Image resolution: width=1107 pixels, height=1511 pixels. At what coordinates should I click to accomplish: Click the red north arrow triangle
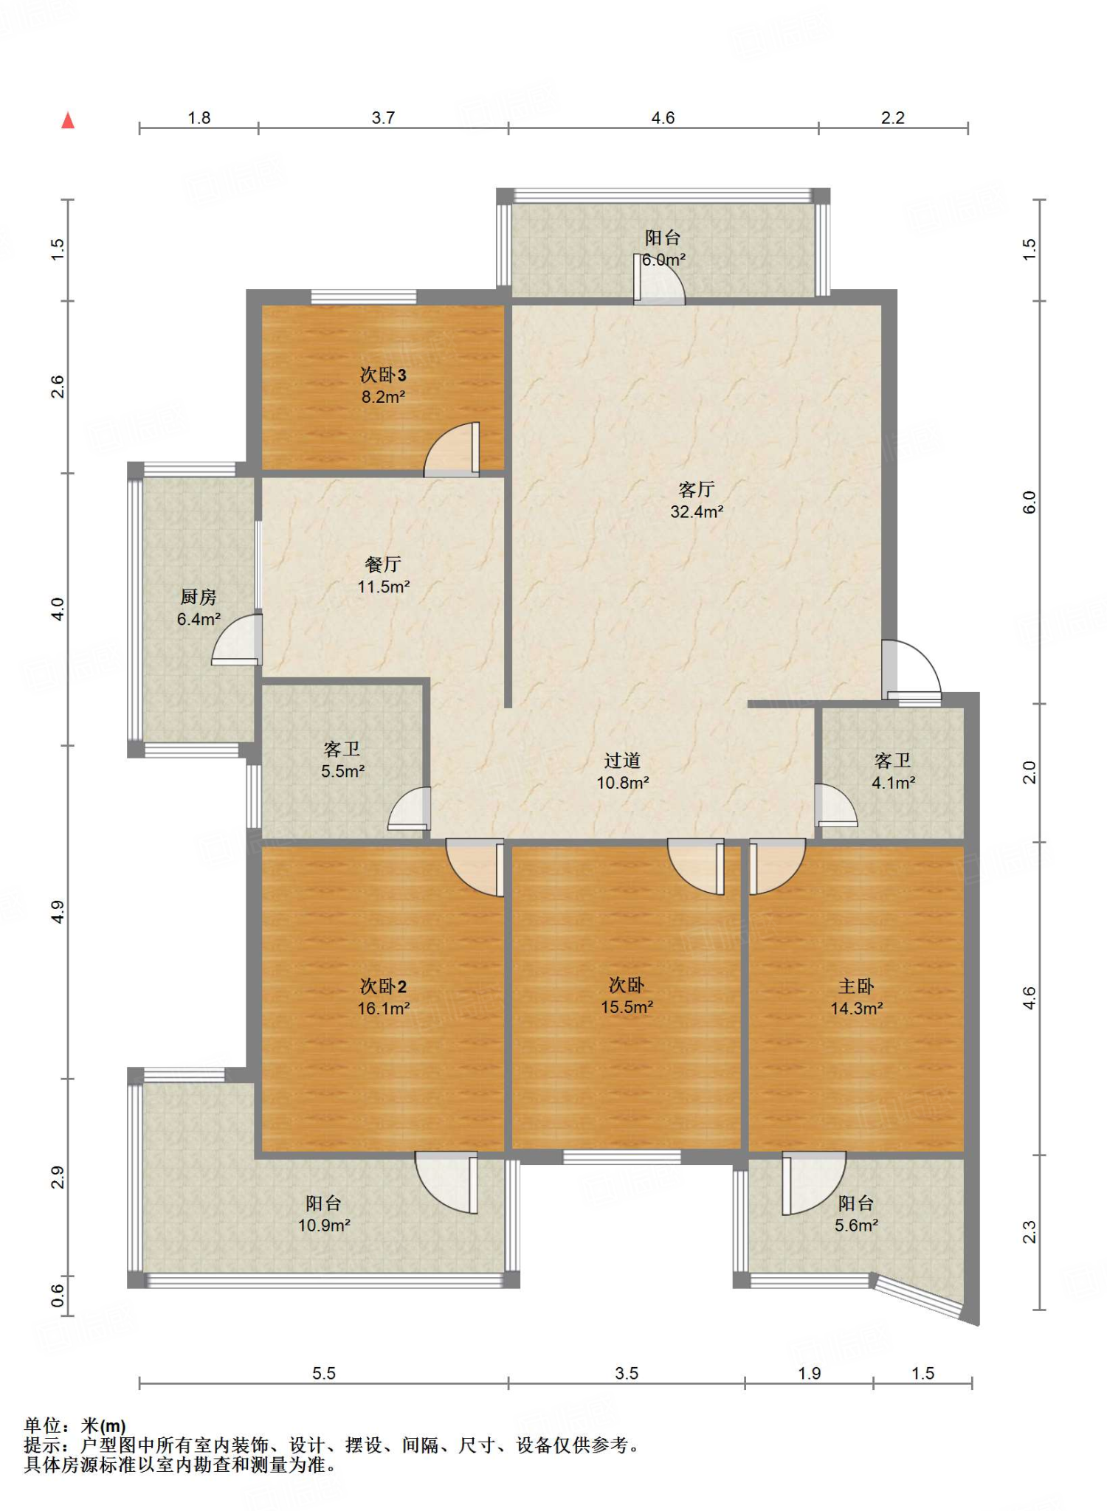[68, 120]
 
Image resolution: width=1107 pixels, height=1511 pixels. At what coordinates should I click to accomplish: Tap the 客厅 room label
[696, 489]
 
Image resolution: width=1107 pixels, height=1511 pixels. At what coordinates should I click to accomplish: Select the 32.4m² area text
[696, 512]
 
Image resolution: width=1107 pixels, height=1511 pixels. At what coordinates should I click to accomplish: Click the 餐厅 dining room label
[383, 564]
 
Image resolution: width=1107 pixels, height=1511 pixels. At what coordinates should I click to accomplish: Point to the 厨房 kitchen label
[198, 596]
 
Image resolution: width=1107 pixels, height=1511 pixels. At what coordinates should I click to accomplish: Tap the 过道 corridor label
[622, 760]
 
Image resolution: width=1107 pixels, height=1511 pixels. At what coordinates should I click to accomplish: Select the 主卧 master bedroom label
[856, 986]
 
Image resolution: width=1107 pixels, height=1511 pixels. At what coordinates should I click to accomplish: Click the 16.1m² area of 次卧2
[383, 1009]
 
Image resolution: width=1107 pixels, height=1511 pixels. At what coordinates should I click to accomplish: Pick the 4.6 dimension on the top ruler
[663, 118]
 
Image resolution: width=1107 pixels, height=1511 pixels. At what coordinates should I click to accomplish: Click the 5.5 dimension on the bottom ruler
[323, 1373]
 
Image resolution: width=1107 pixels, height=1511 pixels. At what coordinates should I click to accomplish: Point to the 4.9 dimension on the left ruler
[58, 912]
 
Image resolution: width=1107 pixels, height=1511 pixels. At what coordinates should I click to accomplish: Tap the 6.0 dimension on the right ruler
[1030, 502]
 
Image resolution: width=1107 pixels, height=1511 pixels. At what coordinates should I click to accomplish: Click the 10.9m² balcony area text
[323, 1225]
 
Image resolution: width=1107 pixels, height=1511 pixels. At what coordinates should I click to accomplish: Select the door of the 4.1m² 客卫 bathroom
[835, 806]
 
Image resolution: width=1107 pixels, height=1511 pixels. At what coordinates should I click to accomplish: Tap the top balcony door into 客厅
[659, 280]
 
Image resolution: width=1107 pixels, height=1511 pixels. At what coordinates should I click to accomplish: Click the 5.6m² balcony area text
[856, 1225]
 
